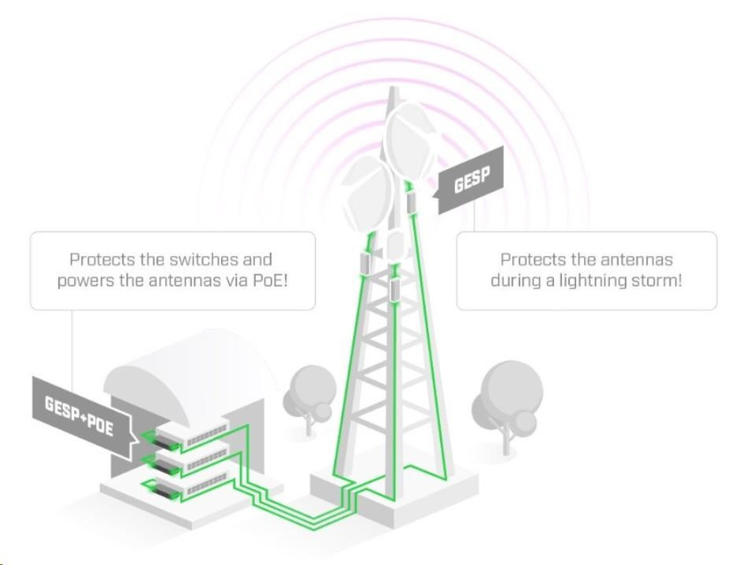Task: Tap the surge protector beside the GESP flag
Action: pos(412,200)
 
